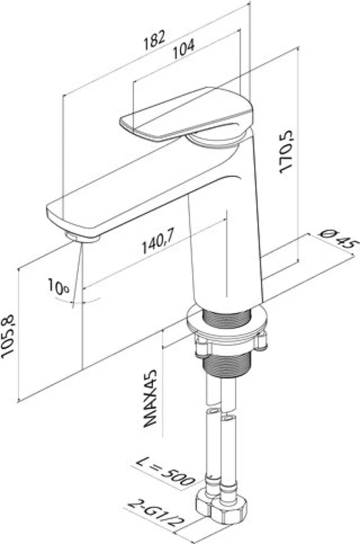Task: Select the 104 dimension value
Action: (x=184, y=49)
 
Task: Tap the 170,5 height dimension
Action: (x=287, y=151)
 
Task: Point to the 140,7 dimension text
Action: (x=158, y=242)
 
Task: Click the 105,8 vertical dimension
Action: (x=8, y=336)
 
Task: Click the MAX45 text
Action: (x=150, y=398)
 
